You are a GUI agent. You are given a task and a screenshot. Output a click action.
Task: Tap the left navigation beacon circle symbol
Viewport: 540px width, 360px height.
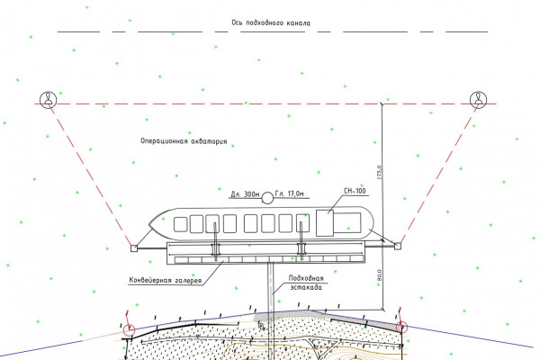pos(48,99)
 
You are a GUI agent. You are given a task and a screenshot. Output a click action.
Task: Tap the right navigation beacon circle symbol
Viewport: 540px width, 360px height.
pos(477,99)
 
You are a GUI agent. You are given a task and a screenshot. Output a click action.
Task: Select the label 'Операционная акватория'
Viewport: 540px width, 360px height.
pos(184,141)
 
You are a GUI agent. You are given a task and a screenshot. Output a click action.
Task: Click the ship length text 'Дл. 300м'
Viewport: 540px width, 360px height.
pos(244,194)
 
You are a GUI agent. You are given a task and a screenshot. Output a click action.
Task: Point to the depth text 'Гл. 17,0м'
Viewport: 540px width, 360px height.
pos(290,194)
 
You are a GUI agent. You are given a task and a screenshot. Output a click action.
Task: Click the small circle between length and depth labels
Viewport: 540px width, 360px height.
pos(266,194)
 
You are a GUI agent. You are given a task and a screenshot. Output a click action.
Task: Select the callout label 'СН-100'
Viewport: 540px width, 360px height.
pos(356,190)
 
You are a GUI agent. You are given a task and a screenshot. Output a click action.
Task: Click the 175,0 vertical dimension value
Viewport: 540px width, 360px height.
pos(379,170)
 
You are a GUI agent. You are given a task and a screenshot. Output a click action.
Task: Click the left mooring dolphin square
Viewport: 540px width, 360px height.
pos(133,247)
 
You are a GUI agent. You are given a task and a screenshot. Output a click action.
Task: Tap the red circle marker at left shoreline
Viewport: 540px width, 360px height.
pos(130,329)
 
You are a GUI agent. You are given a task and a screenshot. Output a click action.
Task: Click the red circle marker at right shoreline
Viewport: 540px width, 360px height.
pos(401,328)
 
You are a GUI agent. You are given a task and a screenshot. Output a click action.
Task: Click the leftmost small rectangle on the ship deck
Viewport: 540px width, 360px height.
pos(192,224)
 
